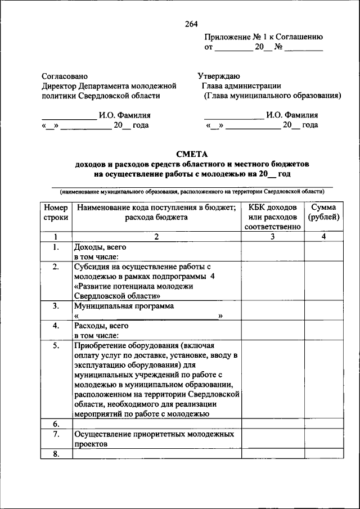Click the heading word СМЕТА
[192, 154]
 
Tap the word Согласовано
[65, 75]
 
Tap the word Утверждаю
[219, 75]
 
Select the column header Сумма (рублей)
[323, 212]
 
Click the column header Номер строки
[56, 212]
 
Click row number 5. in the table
[56, 346]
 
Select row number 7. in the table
[56, 434]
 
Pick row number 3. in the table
[56, 306]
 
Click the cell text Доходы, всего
[100, 247]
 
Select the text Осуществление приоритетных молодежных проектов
[153, 439]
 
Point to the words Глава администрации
[242, 86]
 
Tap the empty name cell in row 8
[156, 454]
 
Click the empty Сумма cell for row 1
[323, 251]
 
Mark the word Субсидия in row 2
[92, 267]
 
